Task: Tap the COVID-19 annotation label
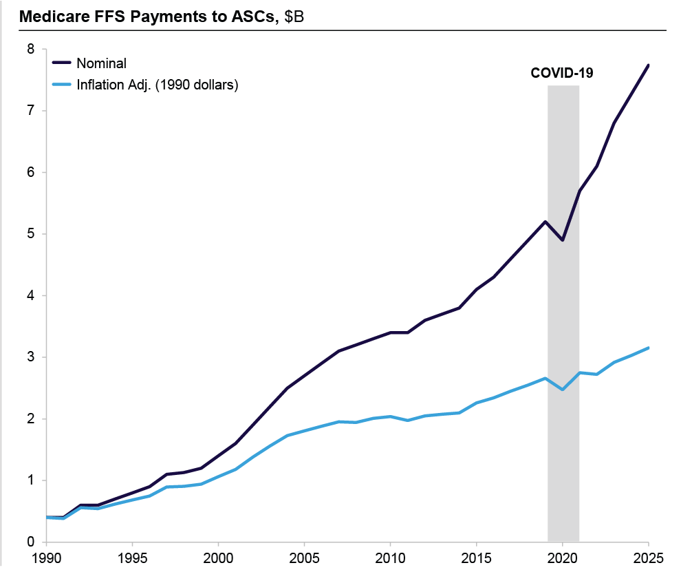(x=561, y=72)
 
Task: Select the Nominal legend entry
(x=101, y=63)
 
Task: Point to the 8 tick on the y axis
(x=30, y=49)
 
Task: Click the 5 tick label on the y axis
(x=30, y=234)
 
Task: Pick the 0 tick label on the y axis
(x=30, y=542)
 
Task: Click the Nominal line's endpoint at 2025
(x=649, y=65)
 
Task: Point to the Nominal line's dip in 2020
(x=563, y=240)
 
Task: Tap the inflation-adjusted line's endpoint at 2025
(x=649, y=348)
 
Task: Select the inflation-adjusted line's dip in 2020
(x=563, y=390)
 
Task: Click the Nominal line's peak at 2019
(x=545, y=222)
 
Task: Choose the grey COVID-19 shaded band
(x=563, y=310)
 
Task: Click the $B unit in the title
(x=294, y=17)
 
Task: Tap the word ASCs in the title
(x=250, y=17)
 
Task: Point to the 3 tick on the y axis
(x=30, y=357)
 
